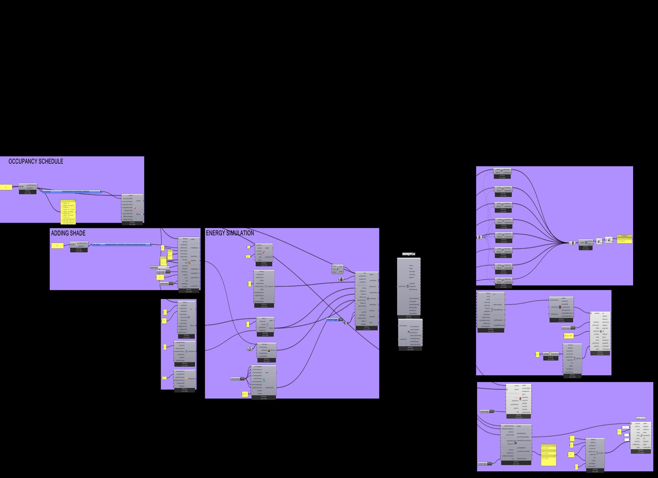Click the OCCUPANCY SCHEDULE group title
(x=36, y=162)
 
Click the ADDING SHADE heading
(x=68, y=233)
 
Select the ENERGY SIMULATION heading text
(x=230, y=233)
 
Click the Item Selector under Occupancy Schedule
(x=72, y=192)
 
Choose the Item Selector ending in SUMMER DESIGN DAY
(x=122, y=244)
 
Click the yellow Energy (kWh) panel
(x=569, y=336)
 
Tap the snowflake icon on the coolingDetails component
(x=187, y=351)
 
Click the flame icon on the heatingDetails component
(x=187, y=379)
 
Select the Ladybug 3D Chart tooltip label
(x=641, y=418)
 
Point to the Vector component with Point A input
(x=337, y=269)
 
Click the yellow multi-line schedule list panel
(x=68, y=212)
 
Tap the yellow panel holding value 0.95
(x=164, y=378)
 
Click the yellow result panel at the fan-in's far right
(x=624, y=240)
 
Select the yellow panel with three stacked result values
(x=548, y=455)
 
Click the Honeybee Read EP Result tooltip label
(x=409, y=254)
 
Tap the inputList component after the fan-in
(x=585, y=242)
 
